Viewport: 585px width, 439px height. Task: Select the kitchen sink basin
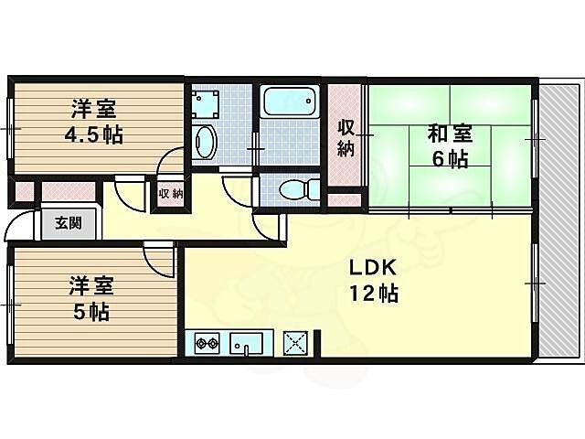246,345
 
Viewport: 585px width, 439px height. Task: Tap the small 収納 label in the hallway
170,193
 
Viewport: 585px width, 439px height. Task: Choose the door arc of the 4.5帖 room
171,165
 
